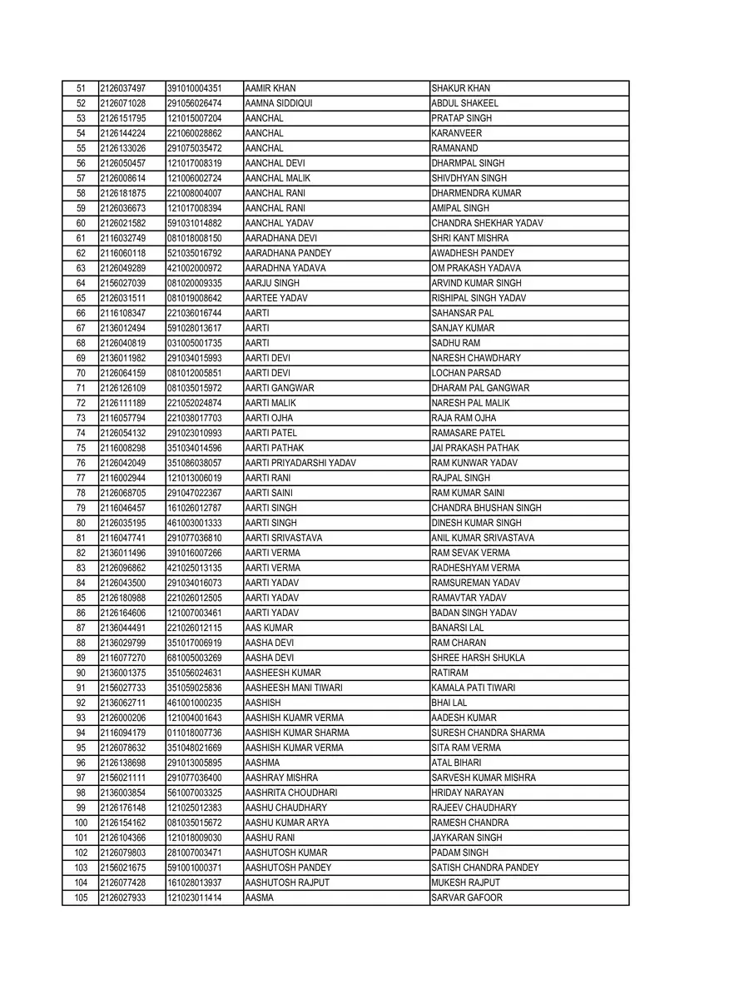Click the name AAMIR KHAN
tap(270, 88)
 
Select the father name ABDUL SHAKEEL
tap(465, 103)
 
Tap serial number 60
tap(81, 223)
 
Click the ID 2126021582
tap(122, 223)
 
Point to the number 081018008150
tap(194, 238)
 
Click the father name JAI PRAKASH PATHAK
tap(475, 448)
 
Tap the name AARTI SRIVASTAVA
tap(284, 538)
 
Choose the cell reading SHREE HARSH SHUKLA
tap(478, 658)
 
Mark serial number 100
tap(81, 823)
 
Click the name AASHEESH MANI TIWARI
tap(294, 688)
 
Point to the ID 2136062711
tap(122, 703)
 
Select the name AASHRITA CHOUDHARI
tap(291, 793)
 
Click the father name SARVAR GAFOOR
tap(467, 897)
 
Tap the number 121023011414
tap(194, 897)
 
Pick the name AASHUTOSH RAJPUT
tap(287, 882)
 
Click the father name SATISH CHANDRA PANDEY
tap(485, 867)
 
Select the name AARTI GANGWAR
tap(280, 388)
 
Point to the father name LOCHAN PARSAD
tap(468, 373)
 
